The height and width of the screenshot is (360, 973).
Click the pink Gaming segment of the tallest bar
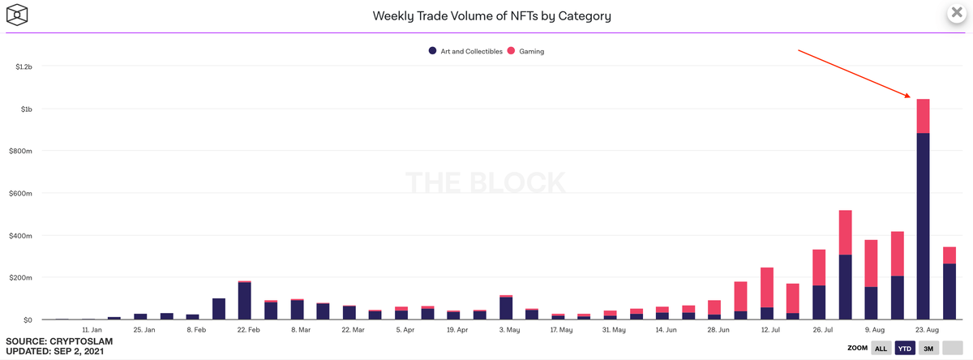pos(923,116)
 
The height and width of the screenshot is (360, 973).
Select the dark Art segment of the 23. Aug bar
pos(923,227)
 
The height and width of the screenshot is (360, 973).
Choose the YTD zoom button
pos(903,347)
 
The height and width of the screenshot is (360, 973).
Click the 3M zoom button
pos(928,347)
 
